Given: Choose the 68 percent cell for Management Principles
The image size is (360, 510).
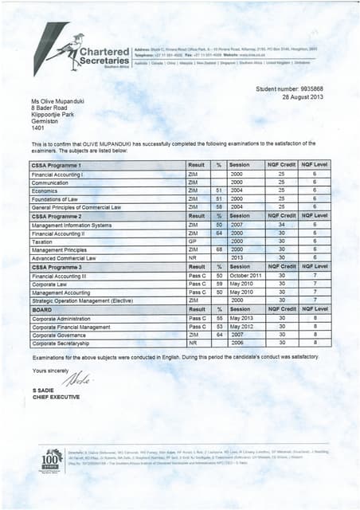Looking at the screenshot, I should click(218, 249).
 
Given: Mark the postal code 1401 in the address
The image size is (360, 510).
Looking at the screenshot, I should click(37, 129).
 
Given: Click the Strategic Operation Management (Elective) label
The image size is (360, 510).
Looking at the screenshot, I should click(81, 300).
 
